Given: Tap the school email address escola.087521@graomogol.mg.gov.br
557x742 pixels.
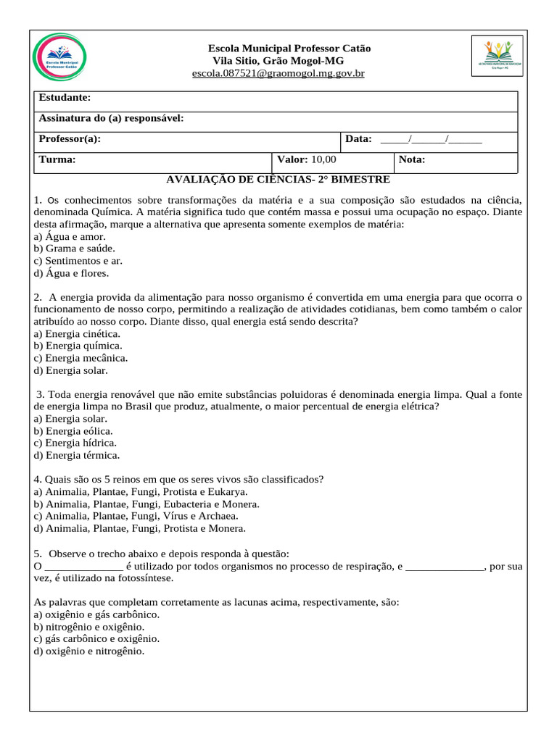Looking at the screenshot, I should tap(278, 74).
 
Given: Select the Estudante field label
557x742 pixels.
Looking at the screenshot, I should tap(65, 97).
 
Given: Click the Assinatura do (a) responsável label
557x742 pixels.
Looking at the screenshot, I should tap(111, 117).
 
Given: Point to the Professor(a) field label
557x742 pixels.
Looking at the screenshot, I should tap(70, 138).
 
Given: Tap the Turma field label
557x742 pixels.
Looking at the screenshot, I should tap(57, 159).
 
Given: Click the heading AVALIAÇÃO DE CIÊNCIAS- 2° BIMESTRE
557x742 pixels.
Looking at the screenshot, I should tap(278, 179).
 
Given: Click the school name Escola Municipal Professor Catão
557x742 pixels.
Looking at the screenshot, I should tap(289, 48).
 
